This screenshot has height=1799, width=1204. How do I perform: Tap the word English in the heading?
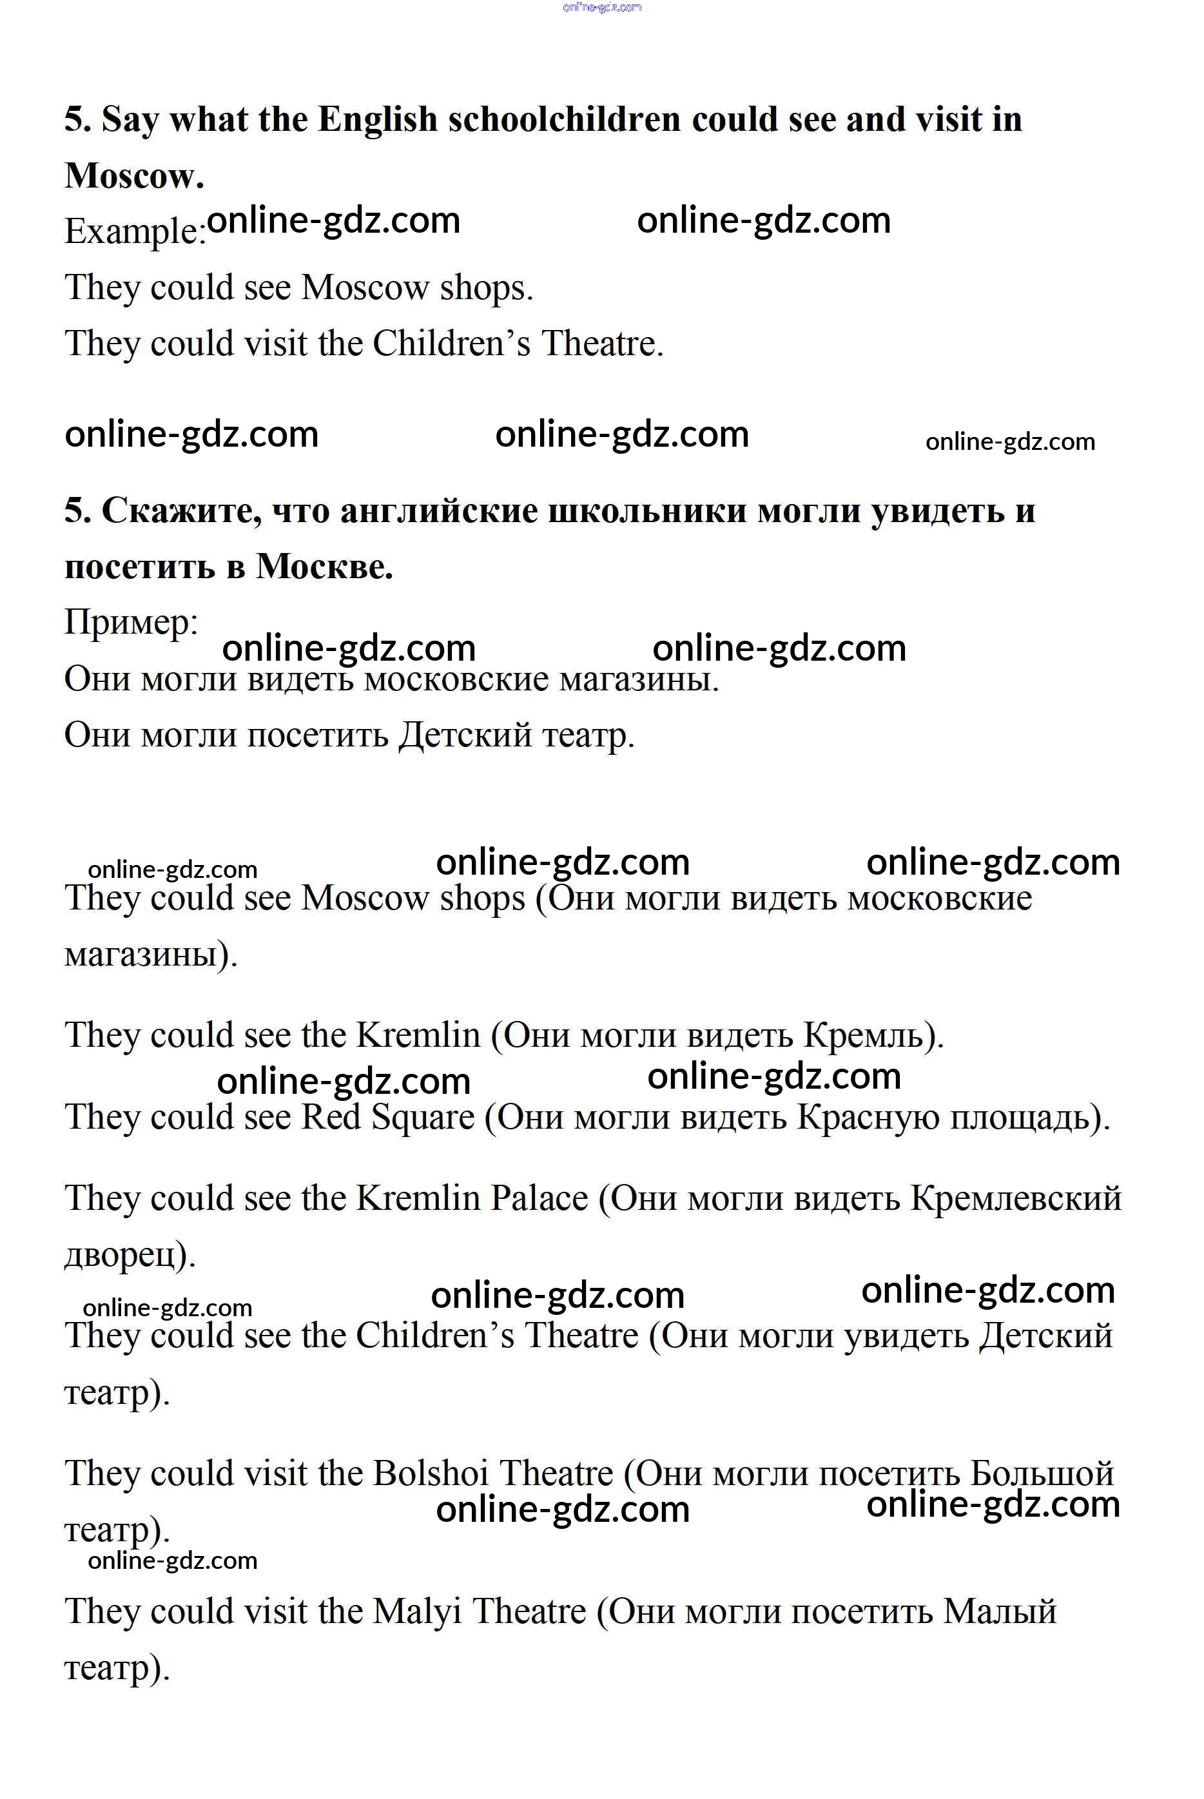pyautogui.click(x=377, y=121)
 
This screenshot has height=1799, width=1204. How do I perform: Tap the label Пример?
pyautogui.click(x=131, y=622)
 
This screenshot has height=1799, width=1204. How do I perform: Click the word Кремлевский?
pyautogui.click(x=1016, y=1198)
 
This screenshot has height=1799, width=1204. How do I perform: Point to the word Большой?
pyautogui.click(x=1041, y=1473)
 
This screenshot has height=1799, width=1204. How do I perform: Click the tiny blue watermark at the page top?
pyautogui.click(x=602, y=8)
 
